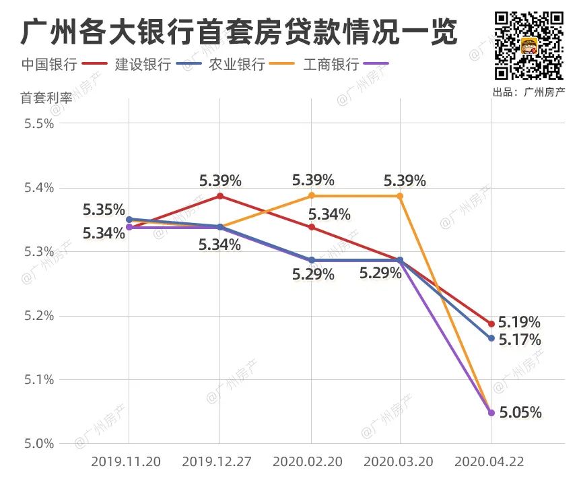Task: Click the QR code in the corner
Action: click(529, 45)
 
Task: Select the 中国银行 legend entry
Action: click(48, 65)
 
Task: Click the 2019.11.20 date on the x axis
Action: click(125, 462)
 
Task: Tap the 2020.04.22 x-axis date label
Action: click(489, 462)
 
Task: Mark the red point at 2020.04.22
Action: click(491, 324)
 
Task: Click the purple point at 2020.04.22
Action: click(491, 412)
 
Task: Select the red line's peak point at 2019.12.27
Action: click(220, 196)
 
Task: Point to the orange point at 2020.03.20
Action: click(400, 196)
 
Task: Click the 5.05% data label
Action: click(520, 412)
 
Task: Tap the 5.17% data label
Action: click(520, 340)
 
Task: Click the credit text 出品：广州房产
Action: click(529, 92)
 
